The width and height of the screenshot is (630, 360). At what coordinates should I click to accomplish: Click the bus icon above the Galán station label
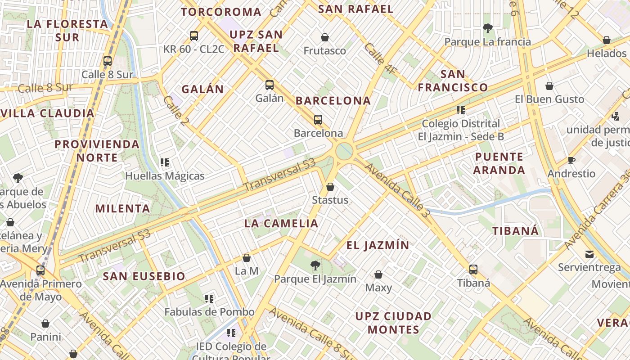click(x=269, y=85)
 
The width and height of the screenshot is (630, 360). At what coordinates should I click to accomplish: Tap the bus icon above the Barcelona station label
click(x=318, y=120)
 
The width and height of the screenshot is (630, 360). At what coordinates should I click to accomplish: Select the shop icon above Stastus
click(x=330, y=187)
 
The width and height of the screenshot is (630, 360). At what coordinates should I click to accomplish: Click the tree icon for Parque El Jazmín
click(x=315, y=265)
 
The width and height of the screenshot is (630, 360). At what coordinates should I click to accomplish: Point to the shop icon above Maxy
click(x=378, y=274)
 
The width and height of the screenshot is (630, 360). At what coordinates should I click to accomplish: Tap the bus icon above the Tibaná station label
click(x=473, y=270)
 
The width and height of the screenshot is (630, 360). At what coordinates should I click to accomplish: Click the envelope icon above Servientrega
click(x=589, y=254)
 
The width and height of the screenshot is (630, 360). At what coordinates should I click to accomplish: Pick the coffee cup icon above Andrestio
click(x=571, y=160)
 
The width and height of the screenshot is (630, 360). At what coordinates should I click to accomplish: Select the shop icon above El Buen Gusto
click(x=549, y=86)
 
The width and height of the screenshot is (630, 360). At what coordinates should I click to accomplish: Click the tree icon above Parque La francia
click(x=487, y=28)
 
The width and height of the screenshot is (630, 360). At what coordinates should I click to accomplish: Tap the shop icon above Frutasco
click(x=324, y=37)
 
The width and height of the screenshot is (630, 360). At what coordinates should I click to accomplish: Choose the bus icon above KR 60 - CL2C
click(x=194, y=36)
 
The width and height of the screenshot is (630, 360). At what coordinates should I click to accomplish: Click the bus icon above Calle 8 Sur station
click(x=108, y=61)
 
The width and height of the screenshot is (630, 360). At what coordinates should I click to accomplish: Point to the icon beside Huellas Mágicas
click(x=165, y=162)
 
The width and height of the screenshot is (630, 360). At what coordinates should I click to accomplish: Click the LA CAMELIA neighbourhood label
click(x=281, y=223)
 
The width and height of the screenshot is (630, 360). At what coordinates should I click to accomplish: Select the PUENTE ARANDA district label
click(x=499, y=163)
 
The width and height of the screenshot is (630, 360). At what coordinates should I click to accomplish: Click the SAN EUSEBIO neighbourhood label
click(x=144, y=276)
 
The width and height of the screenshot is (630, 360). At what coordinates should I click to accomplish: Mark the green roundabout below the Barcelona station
click(x=344, y=151)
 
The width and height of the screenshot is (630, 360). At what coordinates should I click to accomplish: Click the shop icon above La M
click(x=247, y=258)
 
